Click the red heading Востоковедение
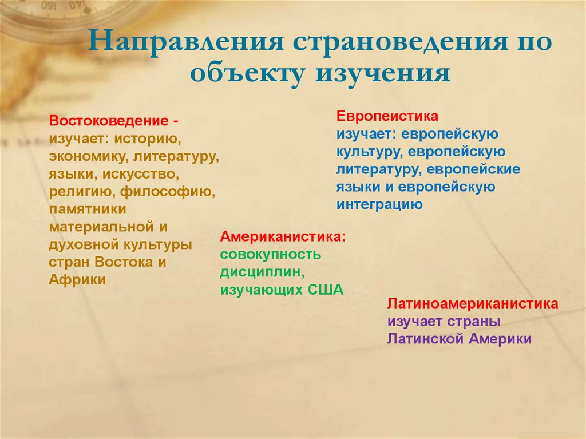[109, 122]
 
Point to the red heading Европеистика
[387, 117]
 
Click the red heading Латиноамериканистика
[473, 304]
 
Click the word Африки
[77, 280]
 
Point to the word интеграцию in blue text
[379, 204]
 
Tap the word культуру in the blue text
[363, 152]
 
